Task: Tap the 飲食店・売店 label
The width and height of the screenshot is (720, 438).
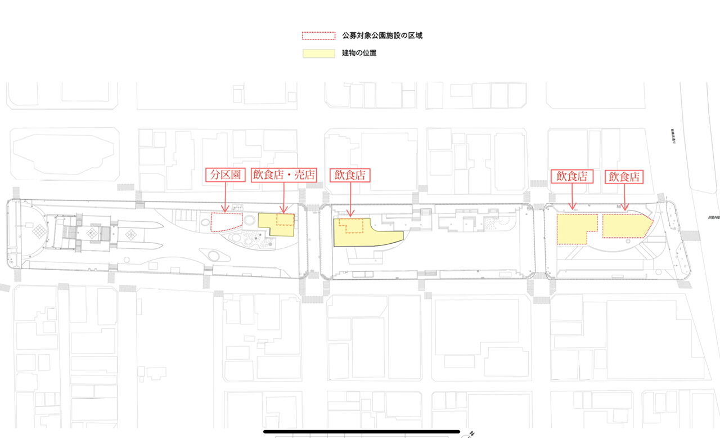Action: click(x=285, y=175)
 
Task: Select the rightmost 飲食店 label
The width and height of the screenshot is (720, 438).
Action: click(x=624, y=176)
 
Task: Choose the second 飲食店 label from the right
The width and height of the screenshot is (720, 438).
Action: click(x=572, y=176)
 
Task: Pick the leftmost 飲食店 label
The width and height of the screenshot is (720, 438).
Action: click(x=350, y=175)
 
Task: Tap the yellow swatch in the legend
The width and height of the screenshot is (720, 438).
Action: click(x=319, y=53)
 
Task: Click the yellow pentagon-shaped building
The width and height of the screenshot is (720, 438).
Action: click(x=625, y=225)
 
